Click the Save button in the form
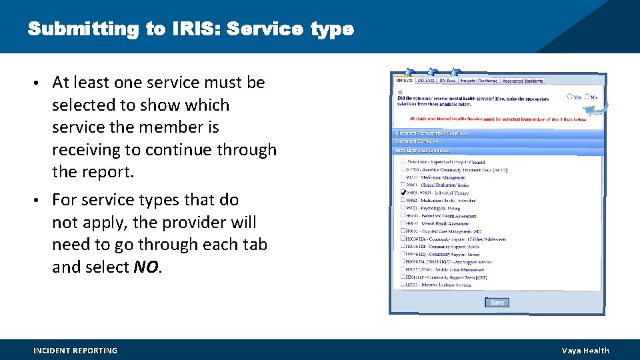point(497,303)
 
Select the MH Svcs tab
point(405,81)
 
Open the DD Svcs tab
point(426,81)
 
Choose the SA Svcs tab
point(447,81)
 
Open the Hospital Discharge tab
point(479,81)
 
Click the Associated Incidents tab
point(523,81)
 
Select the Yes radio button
point(569,97)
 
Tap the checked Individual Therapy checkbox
point(403,192)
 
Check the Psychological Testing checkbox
point(403,207)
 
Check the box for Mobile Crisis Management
point(403,269)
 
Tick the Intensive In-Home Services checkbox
point(403,285)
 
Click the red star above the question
point(400,92)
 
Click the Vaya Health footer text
point(585,351)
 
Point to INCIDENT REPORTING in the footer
point(75,351)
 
